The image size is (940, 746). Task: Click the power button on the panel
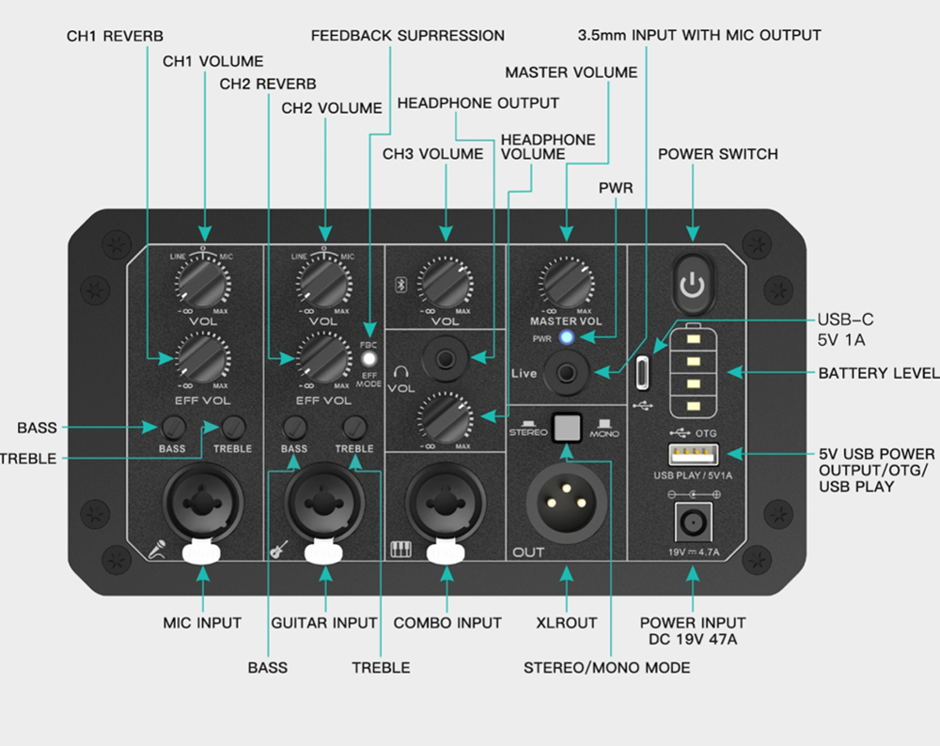coord(692,284)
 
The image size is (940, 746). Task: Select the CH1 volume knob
coord(204,282)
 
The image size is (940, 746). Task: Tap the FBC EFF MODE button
coord(370,358)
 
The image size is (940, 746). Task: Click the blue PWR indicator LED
coord(566,337)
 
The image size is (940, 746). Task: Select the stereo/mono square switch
coord(566,428)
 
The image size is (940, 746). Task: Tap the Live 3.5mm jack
coord(566,373)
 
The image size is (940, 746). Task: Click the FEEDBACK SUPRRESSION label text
coord(408,36)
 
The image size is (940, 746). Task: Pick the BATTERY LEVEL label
coord(878,373)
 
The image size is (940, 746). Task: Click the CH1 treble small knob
coord(234,427)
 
